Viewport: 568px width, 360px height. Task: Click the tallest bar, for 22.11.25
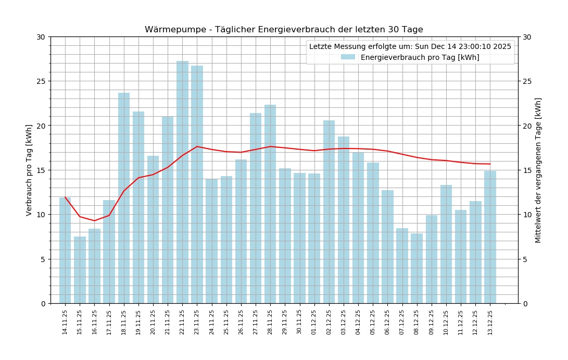[182, 182]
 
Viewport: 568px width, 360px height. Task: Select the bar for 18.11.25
[124, 198]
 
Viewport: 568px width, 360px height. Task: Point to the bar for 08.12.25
[417, 268]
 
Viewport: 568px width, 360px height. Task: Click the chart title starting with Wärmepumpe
[284, 30]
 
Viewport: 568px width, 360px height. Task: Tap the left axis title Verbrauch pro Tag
[29, 170]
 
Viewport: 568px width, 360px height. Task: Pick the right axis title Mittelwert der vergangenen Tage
[538, 170]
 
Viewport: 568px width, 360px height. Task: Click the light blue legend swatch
[348, 57]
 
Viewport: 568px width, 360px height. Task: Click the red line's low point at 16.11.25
[94, 220]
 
